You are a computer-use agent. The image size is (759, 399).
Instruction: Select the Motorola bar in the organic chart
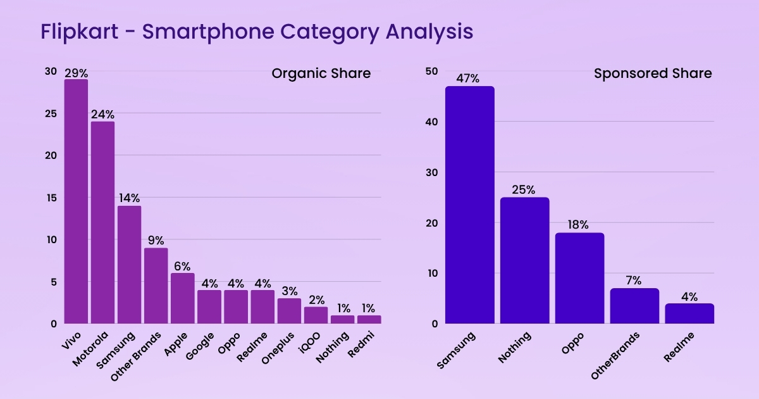(102, 222)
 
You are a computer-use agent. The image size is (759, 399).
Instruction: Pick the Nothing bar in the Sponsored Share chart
(524, 260)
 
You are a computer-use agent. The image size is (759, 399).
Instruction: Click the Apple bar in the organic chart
(182, 298)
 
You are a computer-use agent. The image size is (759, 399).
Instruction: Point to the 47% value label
(469, 79)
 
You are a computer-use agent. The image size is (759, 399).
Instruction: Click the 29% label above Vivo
(76, 73)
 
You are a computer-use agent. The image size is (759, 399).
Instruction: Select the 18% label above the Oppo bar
(579, 225)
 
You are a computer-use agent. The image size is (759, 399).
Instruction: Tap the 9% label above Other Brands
(156, 240)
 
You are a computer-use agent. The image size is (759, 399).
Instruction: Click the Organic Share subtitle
(321, 73)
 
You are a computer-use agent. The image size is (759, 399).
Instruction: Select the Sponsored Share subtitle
(652, 73)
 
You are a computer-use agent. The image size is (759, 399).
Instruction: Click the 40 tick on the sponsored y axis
(431, 122)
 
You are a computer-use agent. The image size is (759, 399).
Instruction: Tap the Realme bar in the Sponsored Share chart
(689, 313)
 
